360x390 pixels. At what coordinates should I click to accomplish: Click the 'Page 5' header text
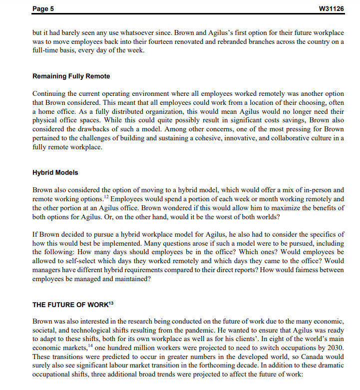(43, 8)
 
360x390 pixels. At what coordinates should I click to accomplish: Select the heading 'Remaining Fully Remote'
(71, 76)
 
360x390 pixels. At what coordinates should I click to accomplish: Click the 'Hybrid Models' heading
(55, 173)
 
